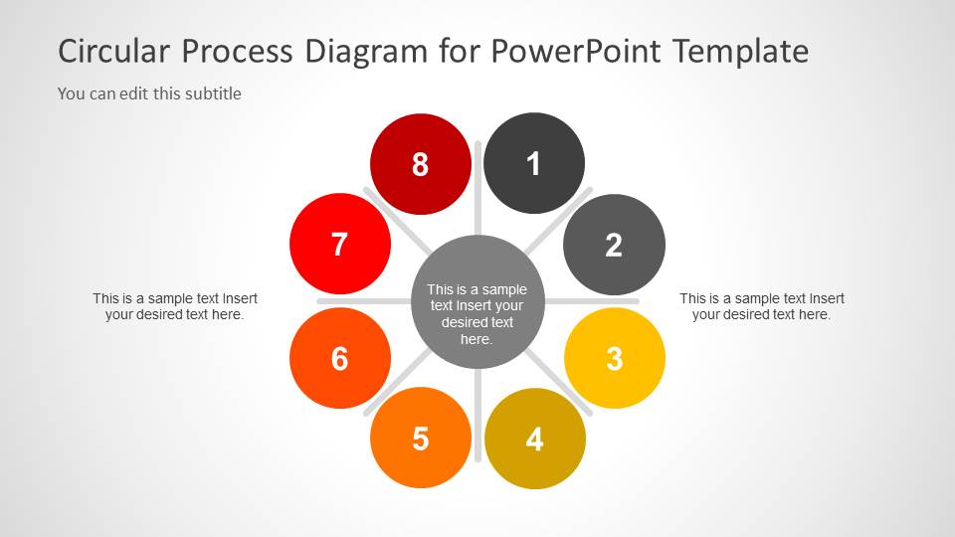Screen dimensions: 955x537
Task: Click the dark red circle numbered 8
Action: (x=420, y=164)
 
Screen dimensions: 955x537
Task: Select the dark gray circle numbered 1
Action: (x=534, y=163)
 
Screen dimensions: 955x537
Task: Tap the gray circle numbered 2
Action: (x=614, y=245)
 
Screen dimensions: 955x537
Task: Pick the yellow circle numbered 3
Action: (x=615, y=358)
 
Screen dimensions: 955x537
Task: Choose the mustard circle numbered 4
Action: (x=535, y=439)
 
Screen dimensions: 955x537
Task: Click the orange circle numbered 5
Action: (x=420, y=438)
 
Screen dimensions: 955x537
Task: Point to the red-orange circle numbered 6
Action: (x=340, y=358)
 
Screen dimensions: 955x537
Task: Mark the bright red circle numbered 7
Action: (x=340, y=245)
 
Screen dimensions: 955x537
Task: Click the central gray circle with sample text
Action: (x=477, y=302)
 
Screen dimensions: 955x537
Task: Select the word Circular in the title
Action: (x=113, y=51)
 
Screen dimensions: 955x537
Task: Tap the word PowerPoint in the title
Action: (x=576, y=51)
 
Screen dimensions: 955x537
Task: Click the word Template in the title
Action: (x=741, y=52)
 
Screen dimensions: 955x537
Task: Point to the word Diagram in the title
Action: (x=366, y=52)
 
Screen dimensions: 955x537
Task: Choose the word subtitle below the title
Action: (x=213, y=93)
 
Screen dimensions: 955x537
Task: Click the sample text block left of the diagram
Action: (x=175, y=306)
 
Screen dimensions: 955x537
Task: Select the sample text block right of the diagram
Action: (x=762, y=306)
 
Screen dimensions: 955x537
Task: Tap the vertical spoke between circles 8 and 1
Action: (x=478, y=189)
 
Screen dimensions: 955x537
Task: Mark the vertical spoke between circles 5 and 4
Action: (x=478, y=415)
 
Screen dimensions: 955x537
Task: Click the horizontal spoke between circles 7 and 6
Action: (x=364, y=301)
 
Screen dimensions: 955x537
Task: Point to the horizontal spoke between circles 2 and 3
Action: (x=592, y=301)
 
